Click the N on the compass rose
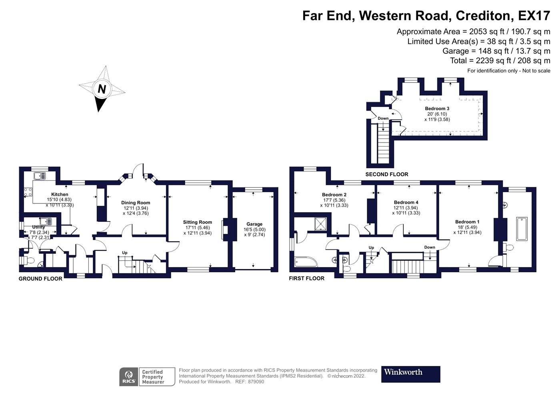tap(102, 89)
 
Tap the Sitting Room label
tap(197, 222)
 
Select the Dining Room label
tap(136, 203)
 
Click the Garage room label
tap(254, 224)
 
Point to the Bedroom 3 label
tap(437, 109)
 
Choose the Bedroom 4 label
tap(406, 202)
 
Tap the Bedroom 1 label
tap(467, 222)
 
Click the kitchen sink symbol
tap(40, 176)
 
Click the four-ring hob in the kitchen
tap(28, 192)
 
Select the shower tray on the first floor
tap(320, 224)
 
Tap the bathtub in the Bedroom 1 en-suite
tap(522, 229)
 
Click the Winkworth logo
tap(410, 374)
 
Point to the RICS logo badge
tap(129, 377)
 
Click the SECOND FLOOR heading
tap(386, 174)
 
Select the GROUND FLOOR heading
tap(40, 279)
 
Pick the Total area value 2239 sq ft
tap(492, 60)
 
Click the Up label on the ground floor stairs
tap(124, 253)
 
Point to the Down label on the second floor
tap(383, 119)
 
